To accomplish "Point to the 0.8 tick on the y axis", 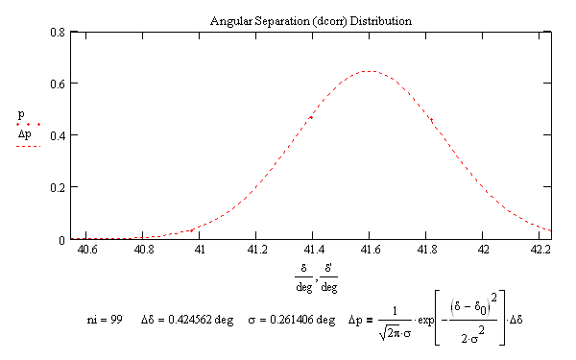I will (x=60, y=33).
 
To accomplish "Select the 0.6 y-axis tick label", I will (x=60, y=84).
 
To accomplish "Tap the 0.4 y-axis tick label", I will (x=60, y=135).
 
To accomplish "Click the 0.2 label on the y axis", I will (x=60, y=187).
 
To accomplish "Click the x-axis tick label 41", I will (x=199, y=250).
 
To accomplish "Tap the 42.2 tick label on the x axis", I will (x=539, y=250).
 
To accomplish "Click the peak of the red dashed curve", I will (x=369, y=71).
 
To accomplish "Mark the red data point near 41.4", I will (x=310, y=117).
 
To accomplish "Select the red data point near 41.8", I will (x=432, y=120).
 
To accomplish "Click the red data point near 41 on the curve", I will (x=191, y=230).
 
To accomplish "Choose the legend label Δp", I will (x=25, y=134).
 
